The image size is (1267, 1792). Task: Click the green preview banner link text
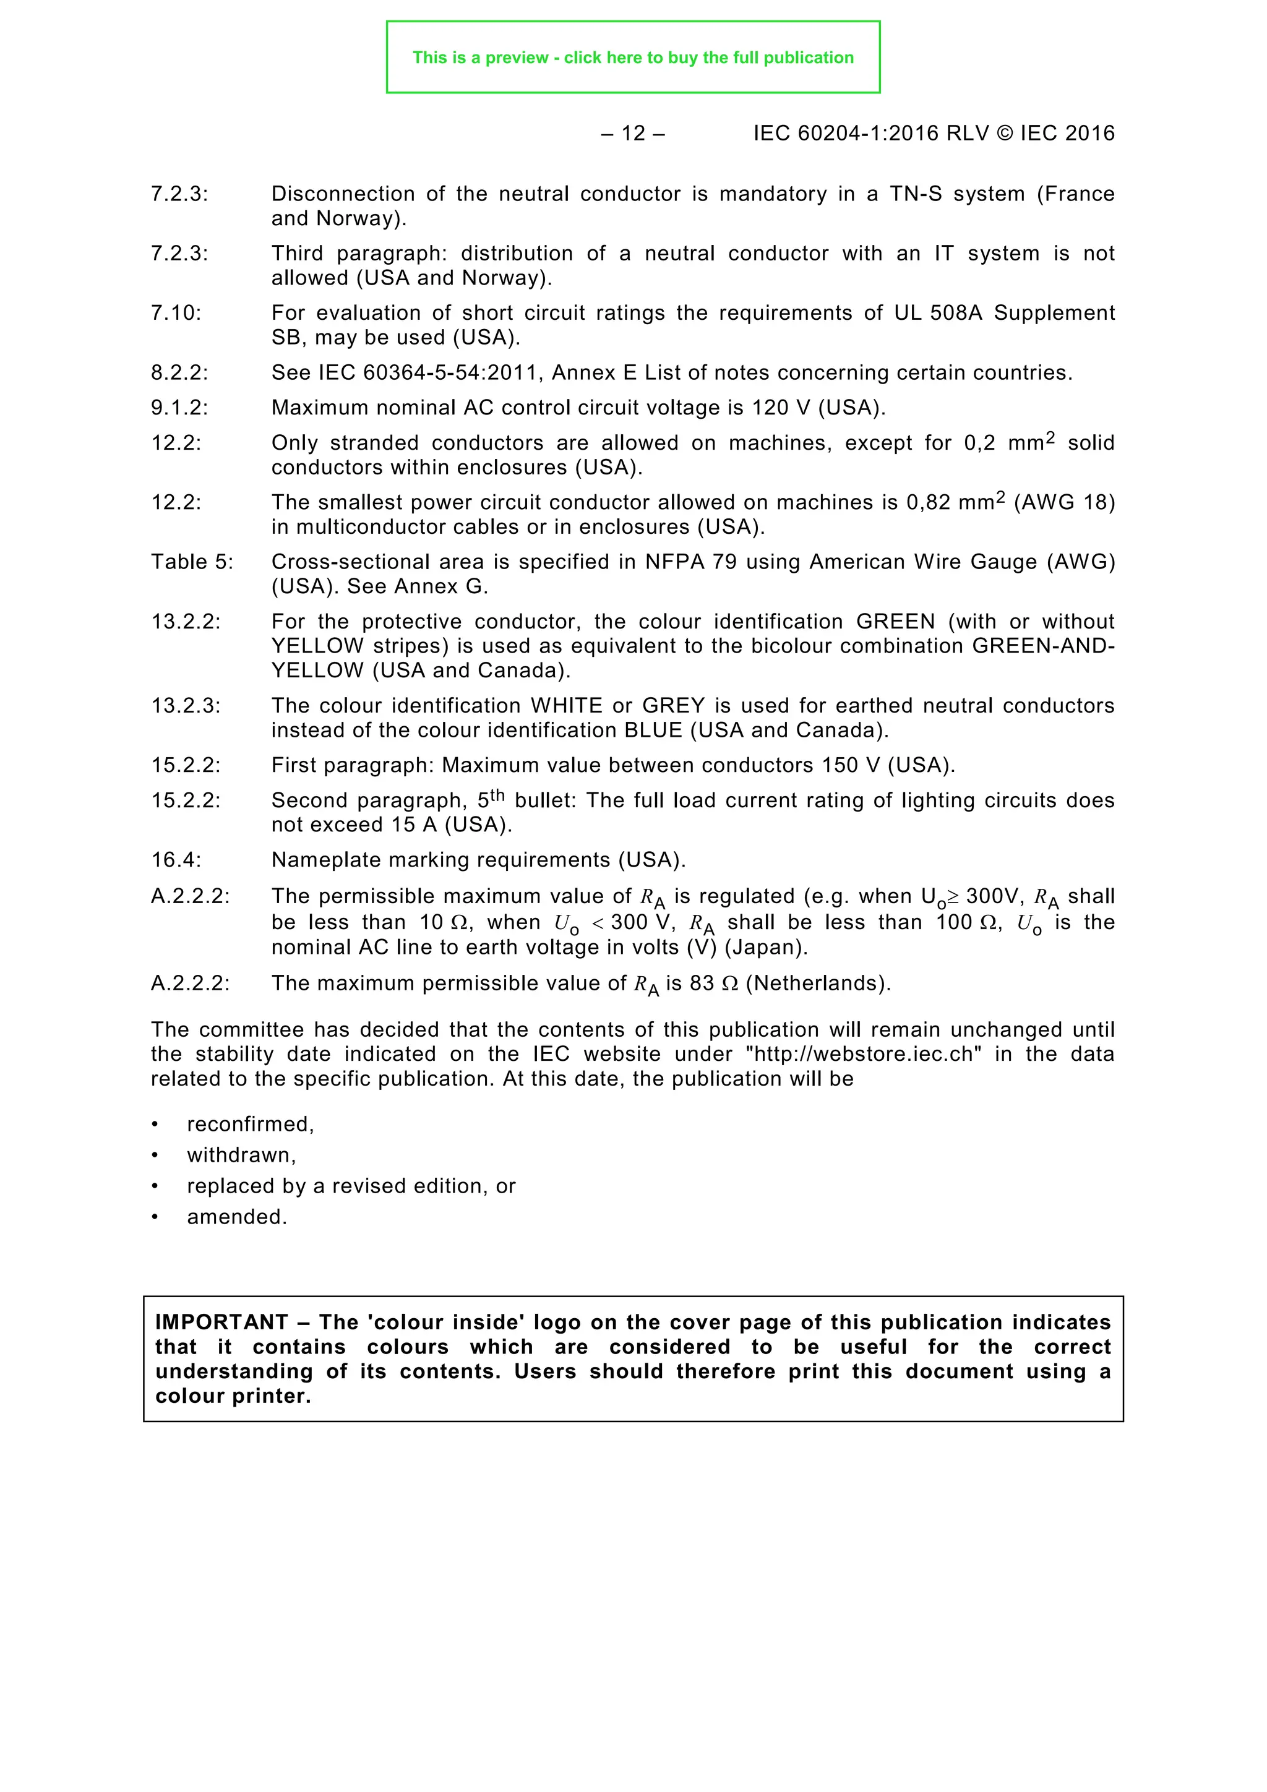click(632, 58)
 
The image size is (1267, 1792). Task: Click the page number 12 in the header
click(633, 134)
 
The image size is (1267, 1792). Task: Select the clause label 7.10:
click(176, 313)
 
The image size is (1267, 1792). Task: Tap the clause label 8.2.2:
click(179, 373)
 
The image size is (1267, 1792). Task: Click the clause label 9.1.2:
click(179, 408)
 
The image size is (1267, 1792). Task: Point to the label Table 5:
click(192, 562)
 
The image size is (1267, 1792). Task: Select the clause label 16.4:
click(176, 860)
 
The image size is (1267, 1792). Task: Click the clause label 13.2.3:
click(186, 706)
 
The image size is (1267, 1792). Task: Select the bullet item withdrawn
click(241, 1155)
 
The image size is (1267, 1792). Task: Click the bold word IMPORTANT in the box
click(221, 1322)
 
